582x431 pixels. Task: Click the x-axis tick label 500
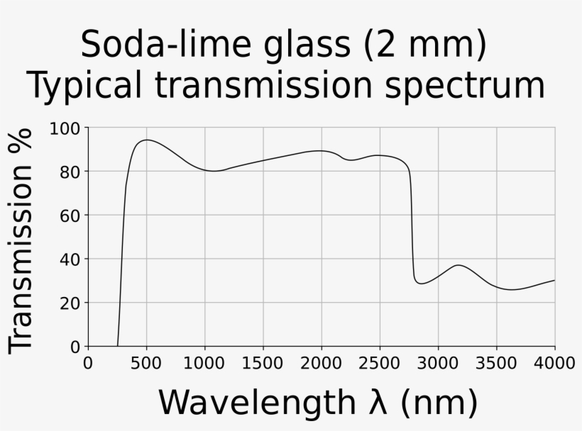pos(146,364)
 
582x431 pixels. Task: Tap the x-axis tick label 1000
pos(204,364)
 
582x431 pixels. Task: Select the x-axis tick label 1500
pos(263,364)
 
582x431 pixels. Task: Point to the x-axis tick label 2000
pos(322,364)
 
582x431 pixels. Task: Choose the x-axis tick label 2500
pos(380,364)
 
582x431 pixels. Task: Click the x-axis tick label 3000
pos(438,364)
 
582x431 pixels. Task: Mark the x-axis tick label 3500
pos(496,364)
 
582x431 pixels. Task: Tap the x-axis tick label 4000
pos(554,364)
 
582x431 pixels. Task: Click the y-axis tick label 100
pos(65,129)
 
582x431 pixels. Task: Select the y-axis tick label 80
pos(70,172)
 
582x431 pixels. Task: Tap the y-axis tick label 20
pos(70,303)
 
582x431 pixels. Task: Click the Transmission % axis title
pos(21,240)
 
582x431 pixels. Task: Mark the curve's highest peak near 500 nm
pos(146,140)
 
